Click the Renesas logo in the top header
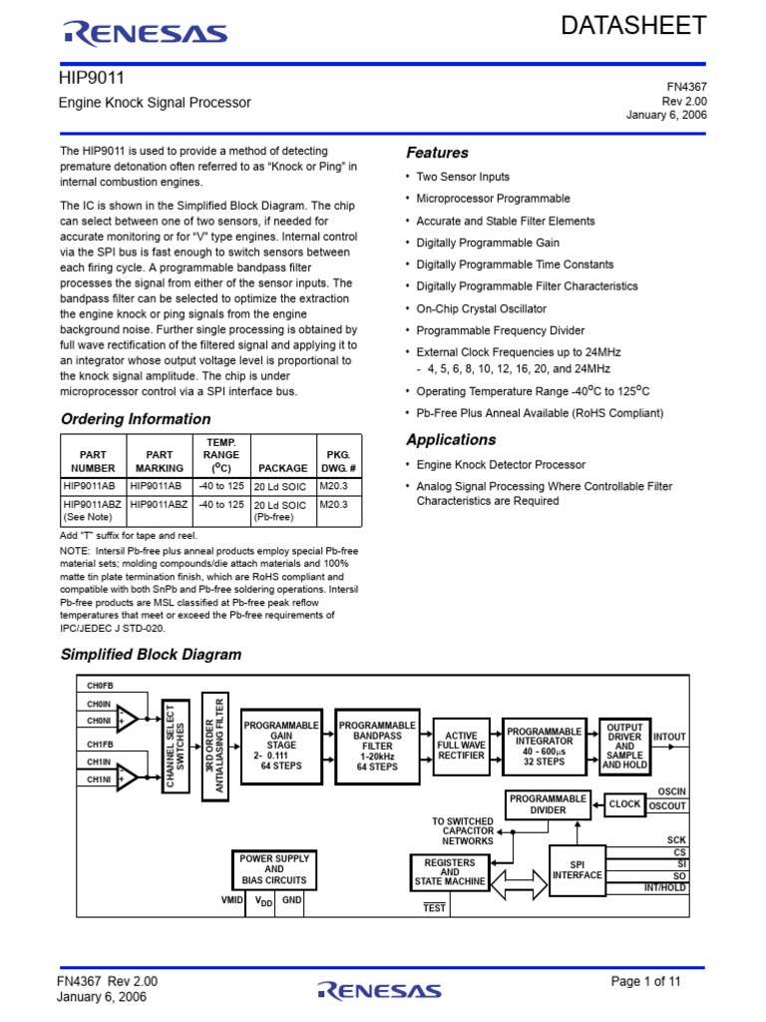[145, 34]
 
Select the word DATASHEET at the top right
[633, 26]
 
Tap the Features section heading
[437, 153]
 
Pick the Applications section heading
[451, 440]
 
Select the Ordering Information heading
[136, 419]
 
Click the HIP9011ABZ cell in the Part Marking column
[159, 505]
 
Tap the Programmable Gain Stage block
[281, 746]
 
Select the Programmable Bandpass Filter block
[377, 746]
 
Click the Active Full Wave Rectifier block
[461, 746]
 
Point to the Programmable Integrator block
[544, 746]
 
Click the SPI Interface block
[578, 869]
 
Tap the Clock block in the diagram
[625, 803]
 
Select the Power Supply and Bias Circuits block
[274, 869]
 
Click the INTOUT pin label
[669, 737]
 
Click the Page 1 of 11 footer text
[645, 981]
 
